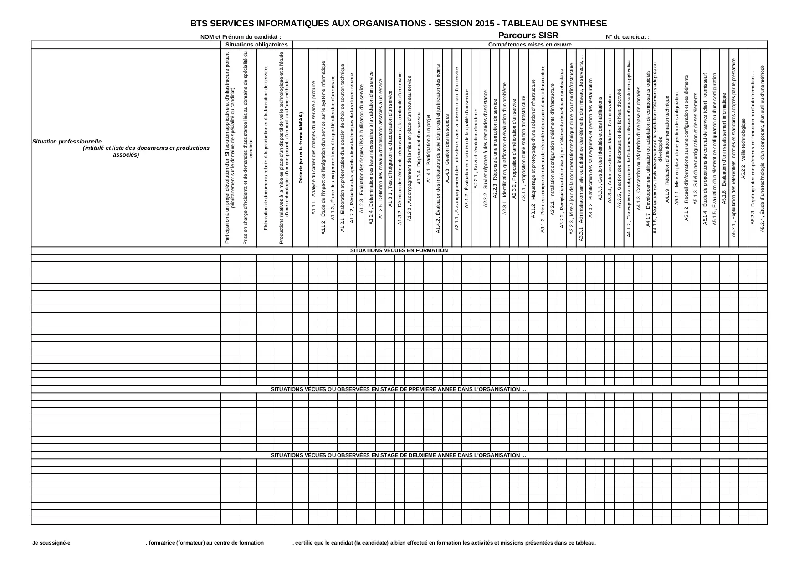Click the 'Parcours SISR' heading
(528, 36)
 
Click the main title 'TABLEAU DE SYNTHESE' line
(399, 24)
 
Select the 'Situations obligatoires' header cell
(256, 45)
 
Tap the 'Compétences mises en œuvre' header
(530, 45)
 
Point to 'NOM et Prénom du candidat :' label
(241, 37)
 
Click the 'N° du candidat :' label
(627, 37)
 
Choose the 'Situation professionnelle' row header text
(67, 141)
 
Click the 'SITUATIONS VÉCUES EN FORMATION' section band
(399, 250)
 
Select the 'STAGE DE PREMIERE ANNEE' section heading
(399, 389)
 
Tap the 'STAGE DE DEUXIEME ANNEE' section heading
(399, 455)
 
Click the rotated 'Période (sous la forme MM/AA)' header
(301, 148)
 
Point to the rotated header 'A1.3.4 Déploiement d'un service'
(419, 146)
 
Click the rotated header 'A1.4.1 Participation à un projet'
(428, 148)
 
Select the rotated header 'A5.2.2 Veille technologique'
(743, 148)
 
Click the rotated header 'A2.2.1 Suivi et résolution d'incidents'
(476, 148)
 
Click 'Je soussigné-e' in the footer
(51, 543)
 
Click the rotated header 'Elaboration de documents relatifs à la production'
(266, 148)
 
